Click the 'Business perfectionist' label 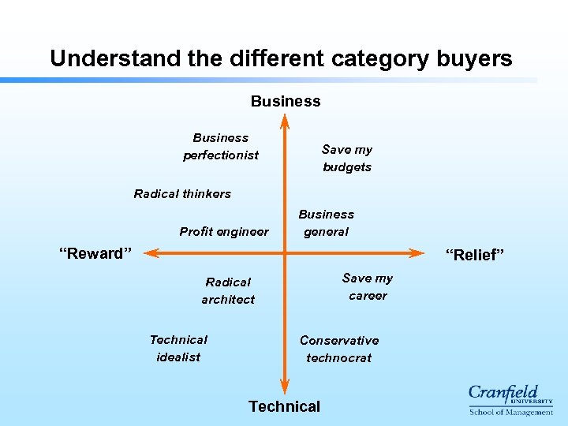click(221, 147)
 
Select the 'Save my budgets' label click(347, 158)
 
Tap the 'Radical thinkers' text click(182, 194)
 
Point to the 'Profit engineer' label click(224, 232)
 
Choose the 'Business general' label click(326, 222)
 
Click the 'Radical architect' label click(228, 290)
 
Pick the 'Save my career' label click(368, 286)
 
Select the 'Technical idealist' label click(178, 348)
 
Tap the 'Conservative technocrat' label click(339, 349)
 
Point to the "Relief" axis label click(474, 255)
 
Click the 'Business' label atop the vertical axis click(286, 101)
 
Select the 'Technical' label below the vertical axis click(284, 406)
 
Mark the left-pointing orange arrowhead click(151, 253)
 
